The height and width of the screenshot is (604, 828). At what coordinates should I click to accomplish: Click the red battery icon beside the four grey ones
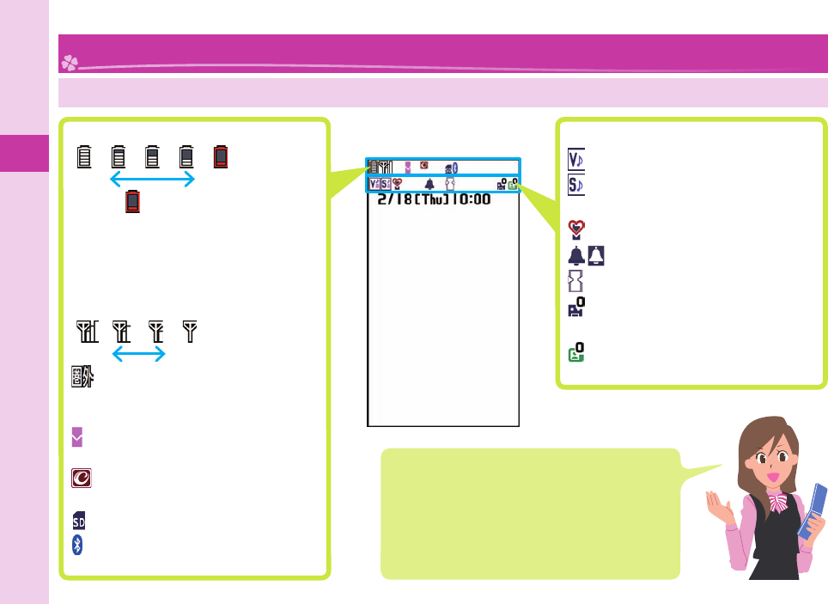pyautogui.click(x=222, y=156)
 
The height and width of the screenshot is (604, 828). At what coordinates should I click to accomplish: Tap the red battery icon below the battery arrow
pyautogui.click(x=132, y=202)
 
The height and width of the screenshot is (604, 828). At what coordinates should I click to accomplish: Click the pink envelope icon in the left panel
pyautogui.click(x=77, y=438)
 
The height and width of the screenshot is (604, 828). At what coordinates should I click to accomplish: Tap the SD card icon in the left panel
pyautogui.click(x=78, y=521)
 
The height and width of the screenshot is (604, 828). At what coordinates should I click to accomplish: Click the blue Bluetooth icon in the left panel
pyautogui.click(x=77, y=545)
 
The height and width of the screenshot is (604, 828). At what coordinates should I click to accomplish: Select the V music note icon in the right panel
pyautogui.click(x=576, y=160)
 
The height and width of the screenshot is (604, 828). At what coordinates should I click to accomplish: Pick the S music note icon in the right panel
pyautogui.click(x=576, y=183)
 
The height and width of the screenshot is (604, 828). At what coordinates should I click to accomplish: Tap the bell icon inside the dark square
pyautogui.click(x=597, y=255)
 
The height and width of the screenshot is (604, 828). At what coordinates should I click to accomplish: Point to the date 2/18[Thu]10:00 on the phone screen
pyautogui.click(x=435, y=199)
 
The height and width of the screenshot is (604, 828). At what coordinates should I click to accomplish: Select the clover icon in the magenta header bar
pyautogui.click(x=69, y=62)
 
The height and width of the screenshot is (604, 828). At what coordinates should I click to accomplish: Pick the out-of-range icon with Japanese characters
pyautogui.click(x=82, y=378)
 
